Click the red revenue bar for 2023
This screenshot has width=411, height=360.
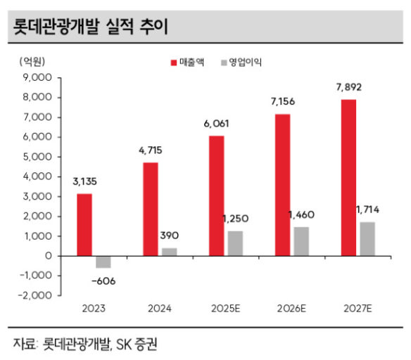84,224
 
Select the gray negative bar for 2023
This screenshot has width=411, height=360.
103,262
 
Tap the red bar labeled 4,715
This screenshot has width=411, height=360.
151,210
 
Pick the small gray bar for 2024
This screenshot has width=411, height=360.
170,252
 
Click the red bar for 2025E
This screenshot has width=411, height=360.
217,196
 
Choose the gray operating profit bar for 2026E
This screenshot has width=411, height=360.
301,241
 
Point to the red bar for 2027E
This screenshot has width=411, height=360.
348,178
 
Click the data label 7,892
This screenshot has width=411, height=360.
349,87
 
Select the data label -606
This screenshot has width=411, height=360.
103,281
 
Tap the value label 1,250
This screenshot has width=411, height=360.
235,219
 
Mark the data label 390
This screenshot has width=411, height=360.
170,236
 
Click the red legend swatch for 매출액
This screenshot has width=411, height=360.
174,63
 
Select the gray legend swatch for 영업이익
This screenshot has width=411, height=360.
224,63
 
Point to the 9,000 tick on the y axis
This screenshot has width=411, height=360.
37,77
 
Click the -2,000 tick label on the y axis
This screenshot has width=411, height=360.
35,295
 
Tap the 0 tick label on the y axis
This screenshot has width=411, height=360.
49,256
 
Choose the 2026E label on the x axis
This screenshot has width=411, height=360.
291,309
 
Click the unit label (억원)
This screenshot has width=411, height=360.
32,62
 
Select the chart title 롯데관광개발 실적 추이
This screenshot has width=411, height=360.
90,27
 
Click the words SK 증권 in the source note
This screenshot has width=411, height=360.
137,344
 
